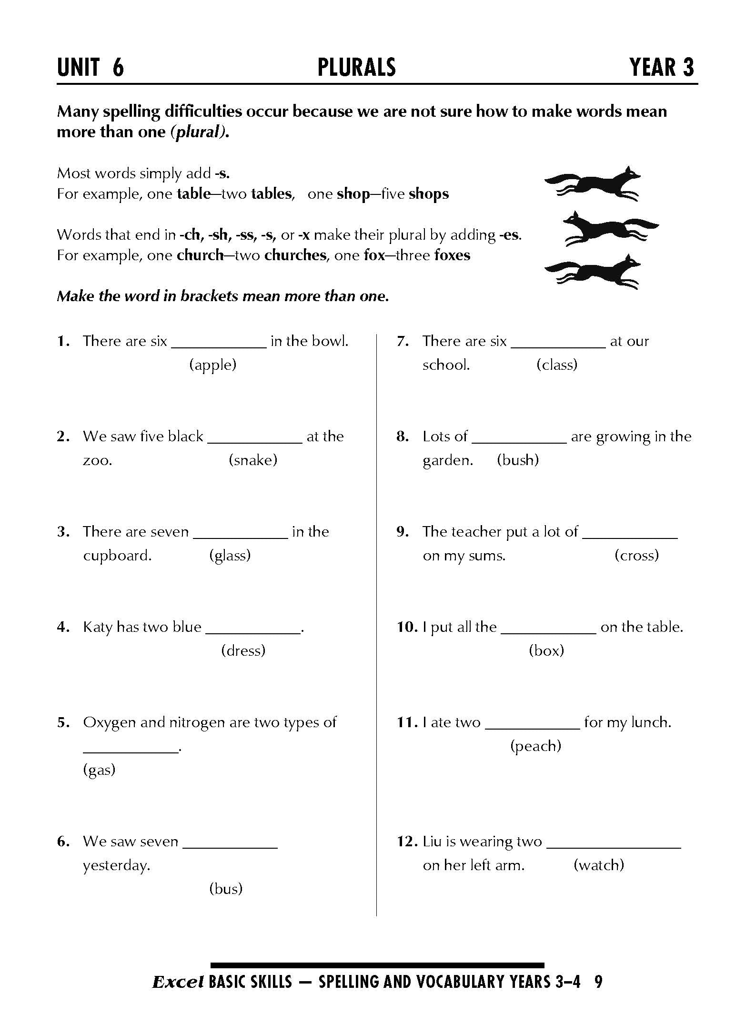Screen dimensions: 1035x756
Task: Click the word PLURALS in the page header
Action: coord(356,67)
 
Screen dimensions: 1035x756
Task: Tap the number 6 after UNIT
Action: coord(118,67)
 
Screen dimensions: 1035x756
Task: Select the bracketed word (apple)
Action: coord(213,365)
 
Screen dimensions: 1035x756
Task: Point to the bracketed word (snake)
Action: coord(253,460)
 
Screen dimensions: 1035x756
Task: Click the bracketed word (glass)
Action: coord(230,556)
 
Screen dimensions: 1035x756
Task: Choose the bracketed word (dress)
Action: coord(243,651)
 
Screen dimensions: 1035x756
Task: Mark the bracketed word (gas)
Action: coord(99,770)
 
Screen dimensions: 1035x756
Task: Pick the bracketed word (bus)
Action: coord(226,889)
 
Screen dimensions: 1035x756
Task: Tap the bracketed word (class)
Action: coord(556,365)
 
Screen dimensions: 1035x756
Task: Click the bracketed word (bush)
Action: coord(518,460)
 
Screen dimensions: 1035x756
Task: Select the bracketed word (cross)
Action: coord(636,556)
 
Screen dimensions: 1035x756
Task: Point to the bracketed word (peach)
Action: coord(535,746)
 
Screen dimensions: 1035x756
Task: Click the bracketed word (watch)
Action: coord(599,865)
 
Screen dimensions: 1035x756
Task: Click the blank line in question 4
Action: coord(253,632)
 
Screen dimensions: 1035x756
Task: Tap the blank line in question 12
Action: coord(614,847)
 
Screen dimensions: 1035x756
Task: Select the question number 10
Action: coord(407,627)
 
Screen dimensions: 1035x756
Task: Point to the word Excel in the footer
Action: coord(178,982)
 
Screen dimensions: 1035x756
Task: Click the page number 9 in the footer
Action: coord(599,982)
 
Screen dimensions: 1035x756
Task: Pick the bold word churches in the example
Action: coord(295,255)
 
